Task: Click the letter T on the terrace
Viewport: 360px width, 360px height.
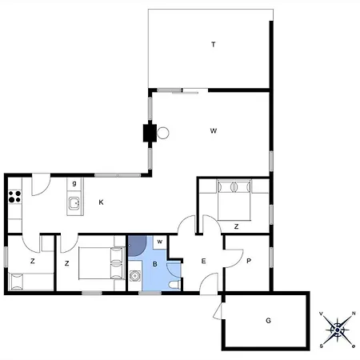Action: (214, 45)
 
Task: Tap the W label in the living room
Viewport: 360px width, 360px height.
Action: (214, 130)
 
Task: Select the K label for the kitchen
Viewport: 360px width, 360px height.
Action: (101, 202)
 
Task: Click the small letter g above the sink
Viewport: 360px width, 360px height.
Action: (74, 184)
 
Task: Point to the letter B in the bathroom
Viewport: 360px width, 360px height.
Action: (154, 262)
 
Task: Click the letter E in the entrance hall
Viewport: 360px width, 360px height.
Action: (203, 262)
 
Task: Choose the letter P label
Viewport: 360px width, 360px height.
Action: (249, 261)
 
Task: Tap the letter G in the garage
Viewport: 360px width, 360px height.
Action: (269, 320)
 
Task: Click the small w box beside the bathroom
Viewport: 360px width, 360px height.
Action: (159, 241)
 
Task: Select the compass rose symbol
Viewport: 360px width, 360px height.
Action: (338, 328)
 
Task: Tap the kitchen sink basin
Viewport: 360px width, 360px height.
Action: (74, 203)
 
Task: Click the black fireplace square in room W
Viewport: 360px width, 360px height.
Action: (149, 134)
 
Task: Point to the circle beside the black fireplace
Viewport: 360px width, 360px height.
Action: (163, 134)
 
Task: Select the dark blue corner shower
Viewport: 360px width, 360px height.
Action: (136, 244)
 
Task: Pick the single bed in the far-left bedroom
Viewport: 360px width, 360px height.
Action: (30, 282)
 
